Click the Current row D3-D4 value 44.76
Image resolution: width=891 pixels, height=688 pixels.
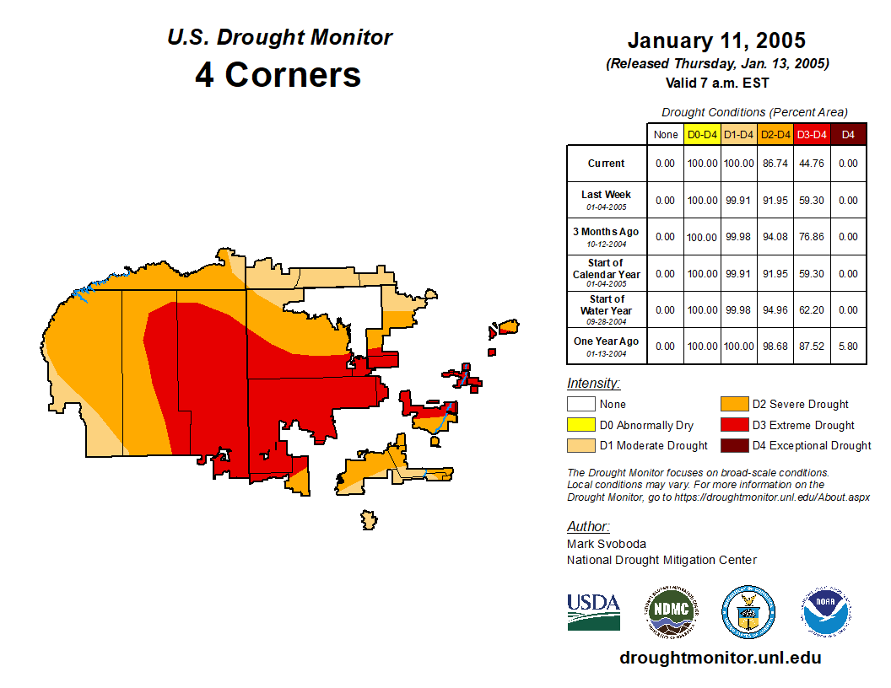812,164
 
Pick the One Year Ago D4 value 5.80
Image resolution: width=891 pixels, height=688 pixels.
848,347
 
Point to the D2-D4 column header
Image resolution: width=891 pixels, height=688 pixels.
775,135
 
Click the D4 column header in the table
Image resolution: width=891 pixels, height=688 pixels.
848,135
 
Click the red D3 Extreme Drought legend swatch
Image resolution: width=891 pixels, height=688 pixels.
733,425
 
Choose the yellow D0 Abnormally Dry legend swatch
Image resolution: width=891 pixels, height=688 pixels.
580,425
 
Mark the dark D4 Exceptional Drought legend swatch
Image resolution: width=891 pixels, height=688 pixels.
733,445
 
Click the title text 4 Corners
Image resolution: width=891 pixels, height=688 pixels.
278,75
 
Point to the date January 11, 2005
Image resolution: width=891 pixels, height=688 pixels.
716,40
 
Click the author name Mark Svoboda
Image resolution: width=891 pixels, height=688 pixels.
607,544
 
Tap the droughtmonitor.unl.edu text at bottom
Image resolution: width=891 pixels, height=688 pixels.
720,658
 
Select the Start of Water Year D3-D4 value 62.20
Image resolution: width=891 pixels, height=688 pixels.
812,310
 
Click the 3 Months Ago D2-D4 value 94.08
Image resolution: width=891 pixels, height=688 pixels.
775,237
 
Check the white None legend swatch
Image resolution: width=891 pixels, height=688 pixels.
580,405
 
